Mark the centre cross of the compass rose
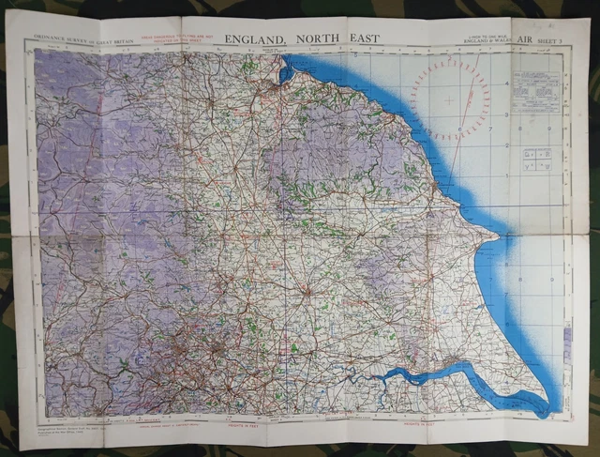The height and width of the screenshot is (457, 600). [450, 99]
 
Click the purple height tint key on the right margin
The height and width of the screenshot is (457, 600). [566, 333]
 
